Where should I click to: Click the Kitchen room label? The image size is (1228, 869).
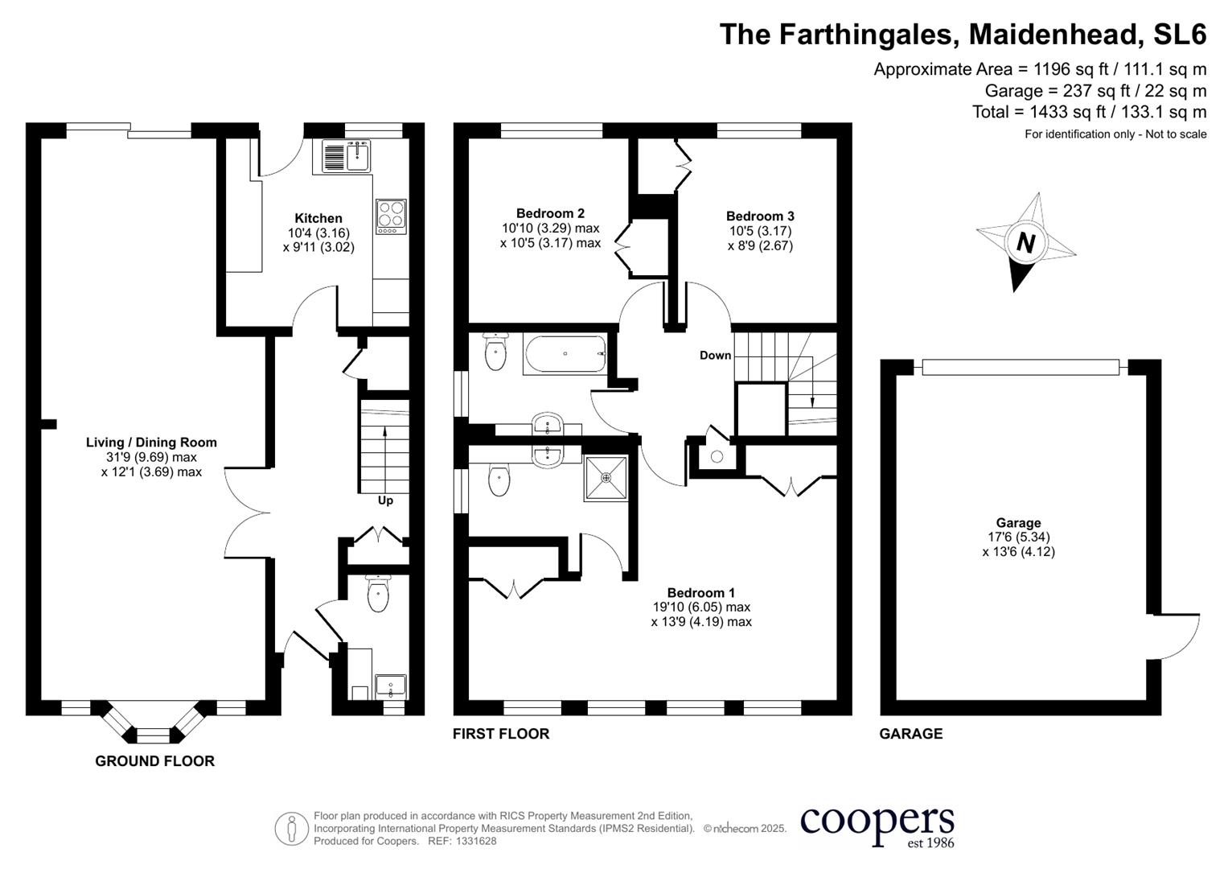pyautogui.click(x=318, y=218)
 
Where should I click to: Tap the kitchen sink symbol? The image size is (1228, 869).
pyautogui.click(x=347, y=156)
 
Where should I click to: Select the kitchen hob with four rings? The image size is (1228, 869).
pyautogui.click(x=391, y=216)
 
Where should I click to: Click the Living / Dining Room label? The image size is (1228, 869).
pyautogui.click(x=151, y=442)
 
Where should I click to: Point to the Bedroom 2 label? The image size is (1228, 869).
pyautogui.click(x=550, y=213)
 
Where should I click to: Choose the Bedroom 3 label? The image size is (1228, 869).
pyautogui.click(x=760, y=216)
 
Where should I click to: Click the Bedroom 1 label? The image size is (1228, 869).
pyautogui.click(x=700, y=592)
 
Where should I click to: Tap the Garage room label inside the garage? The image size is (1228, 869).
pyautogui.click(x=1018, y=522)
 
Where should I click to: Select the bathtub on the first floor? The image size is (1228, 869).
pyautogui.click(x=565, y=354)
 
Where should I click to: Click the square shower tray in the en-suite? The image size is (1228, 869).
pyautogui.click(x=606, y=477)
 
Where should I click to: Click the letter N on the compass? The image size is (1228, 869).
pyautogui.click(x=1025, y=241)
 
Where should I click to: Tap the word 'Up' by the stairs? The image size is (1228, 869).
pyautogui.click(x=385, y=500)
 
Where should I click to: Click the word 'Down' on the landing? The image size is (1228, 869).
pyautogui.click(x=715, y=355)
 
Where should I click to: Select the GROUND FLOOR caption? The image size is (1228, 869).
pyautogui.click(x=154, y=760)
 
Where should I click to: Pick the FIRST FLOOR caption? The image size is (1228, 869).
pyautogui.click(x=500, y=733)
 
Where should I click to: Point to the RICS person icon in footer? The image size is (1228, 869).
pyautogui.click(x=291, y=828)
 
